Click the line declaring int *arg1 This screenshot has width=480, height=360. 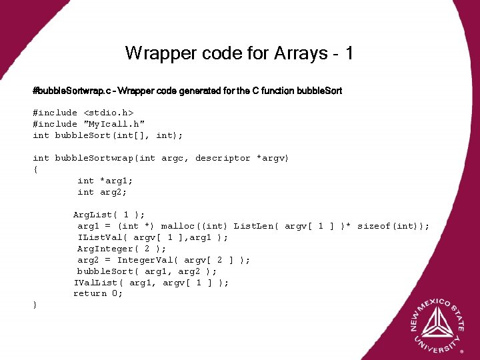click(105, 181)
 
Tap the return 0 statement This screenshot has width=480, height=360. click(98, 293)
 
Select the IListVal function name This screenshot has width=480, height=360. click(103, 237)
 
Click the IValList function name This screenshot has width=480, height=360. click(99, 283)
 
